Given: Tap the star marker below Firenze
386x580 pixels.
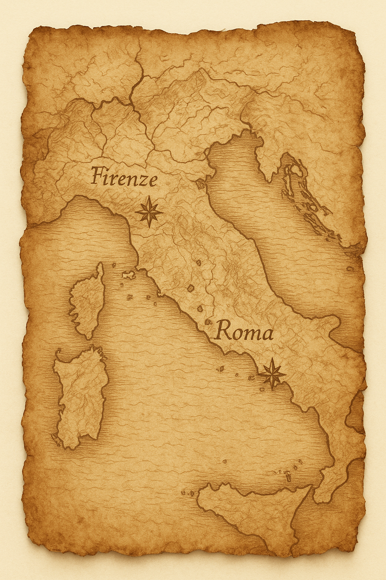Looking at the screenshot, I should tap(149, 212).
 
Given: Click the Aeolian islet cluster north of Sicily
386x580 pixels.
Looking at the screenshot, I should tap(286, 474).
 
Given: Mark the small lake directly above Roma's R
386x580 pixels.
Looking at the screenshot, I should tap(208, 322).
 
